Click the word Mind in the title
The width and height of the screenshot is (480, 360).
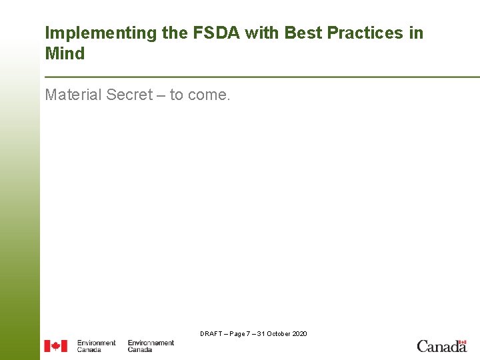65,54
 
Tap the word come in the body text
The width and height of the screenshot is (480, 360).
209,96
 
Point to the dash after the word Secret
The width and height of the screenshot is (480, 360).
161,96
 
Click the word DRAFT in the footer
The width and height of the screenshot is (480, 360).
211,333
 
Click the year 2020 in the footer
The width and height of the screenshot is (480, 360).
300,333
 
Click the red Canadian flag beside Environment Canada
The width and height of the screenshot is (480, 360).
56,346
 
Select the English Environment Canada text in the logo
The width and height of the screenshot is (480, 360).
96,346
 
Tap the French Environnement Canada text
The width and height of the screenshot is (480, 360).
151,346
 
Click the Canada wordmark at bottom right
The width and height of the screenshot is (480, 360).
441,346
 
